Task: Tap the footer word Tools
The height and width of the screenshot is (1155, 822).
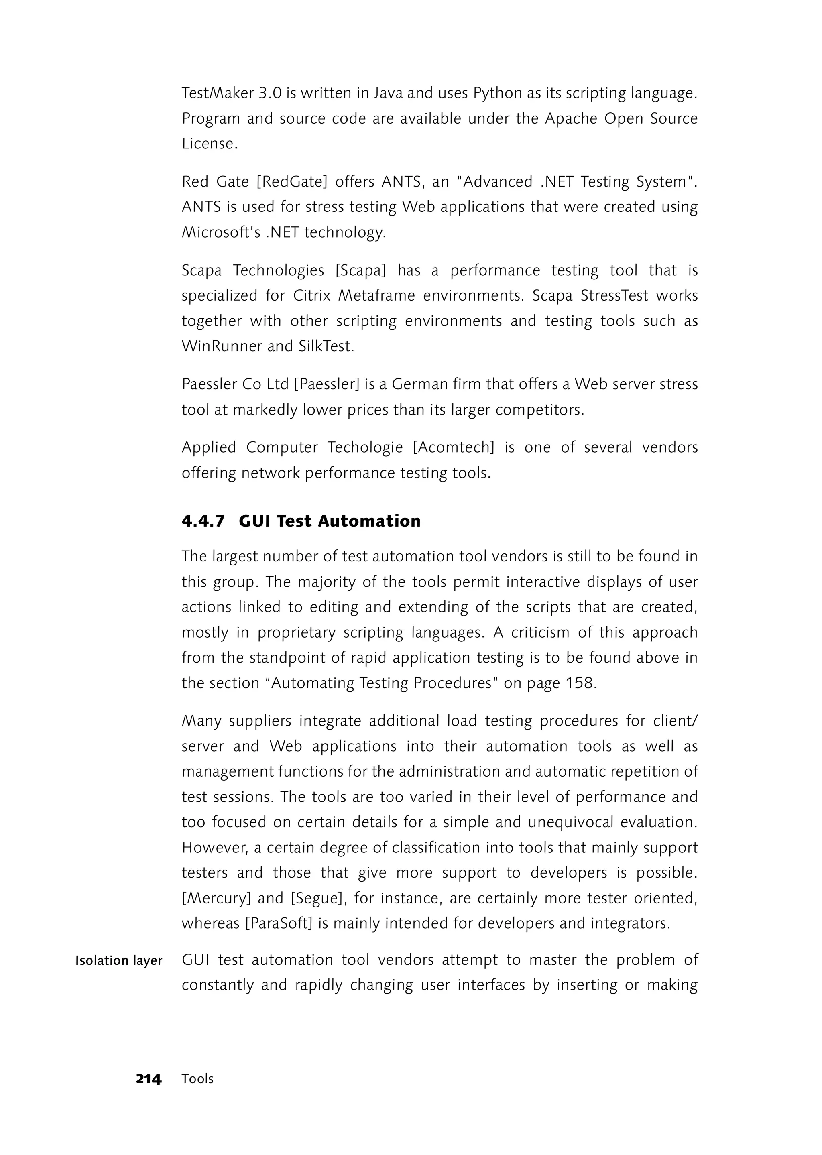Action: pos(197,1079)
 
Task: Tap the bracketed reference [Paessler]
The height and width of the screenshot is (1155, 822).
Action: pos(327,384)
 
